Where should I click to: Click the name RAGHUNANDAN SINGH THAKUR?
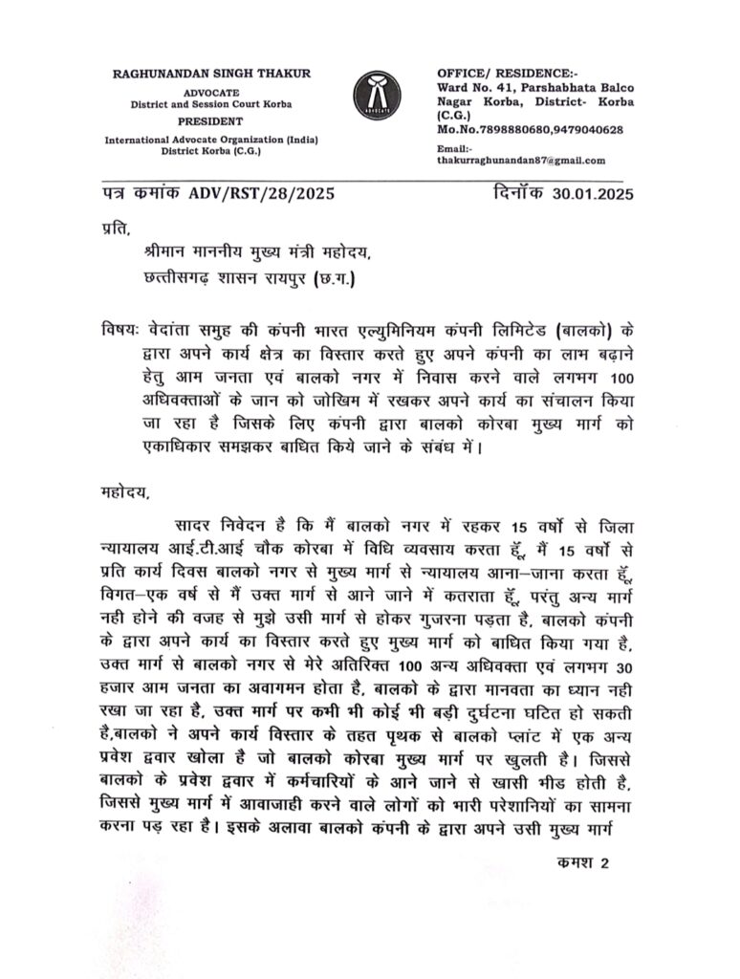[211, 74]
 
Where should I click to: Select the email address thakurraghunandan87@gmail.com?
[521, 162]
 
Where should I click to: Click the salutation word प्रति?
[114, 228]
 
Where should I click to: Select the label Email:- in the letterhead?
[454, 149]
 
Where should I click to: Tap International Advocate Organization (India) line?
[211, 140]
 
